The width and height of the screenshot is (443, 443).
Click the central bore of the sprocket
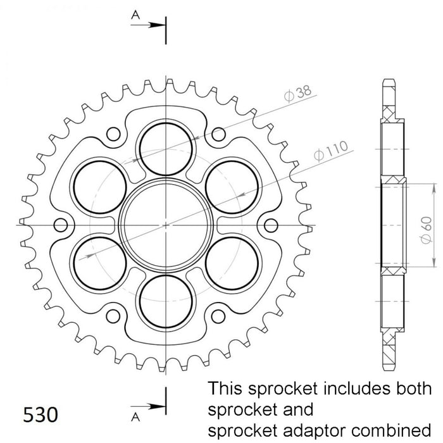coord(165,225)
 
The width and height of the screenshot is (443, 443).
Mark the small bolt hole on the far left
coord(61,225)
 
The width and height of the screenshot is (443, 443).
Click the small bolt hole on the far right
coord(270,225)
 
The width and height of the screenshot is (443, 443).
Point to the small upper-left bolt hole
coord(113,134)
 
